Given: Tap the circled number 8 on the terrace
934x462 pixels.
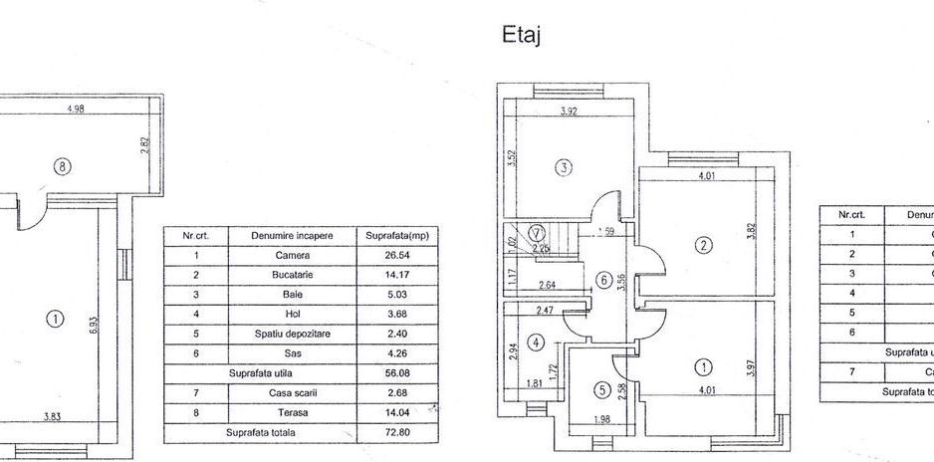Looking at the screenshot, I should (x=63, y=167).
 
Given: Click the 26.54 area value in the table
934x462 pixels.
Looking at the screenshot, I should (x=388, y=255).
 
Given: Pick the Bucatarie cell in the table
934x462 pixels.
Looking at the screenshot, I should (x=293, y=274).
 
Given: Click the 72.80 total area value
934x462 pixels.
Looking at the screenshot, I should (x=388, y=432).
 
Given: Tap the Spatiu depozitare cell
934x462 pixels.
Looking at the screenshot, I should (x=293, y=334).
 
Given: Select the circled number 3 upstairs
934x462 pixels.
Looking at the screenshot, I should (x=564, y=167).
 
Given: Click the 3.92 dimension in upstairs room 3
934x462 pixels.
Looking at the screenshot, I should (x=569, y=112).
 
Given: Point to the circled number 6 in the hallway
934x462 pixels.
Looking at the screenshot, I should (x=603, y=280).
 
